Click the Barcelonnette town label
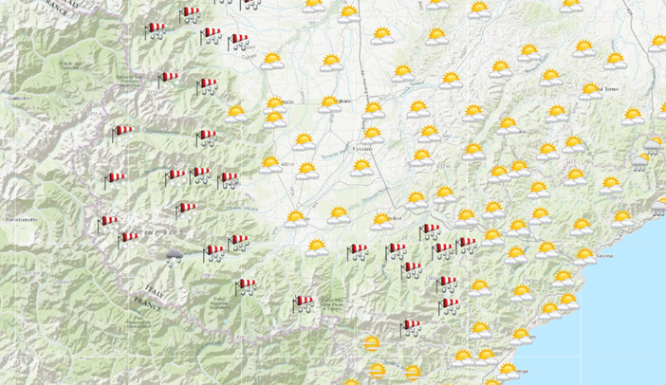pyautogui.click(x=20, y=219)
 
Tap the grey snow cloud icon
pyautogui.click(x=174, y=256)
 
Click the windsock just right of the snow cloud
pyautogui.click(x=214, y=251)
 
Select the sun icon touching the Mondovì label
pyautogui.click(x=381, y=220)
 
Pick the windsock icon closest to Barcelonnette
pyautogui.click(x=108, y=222)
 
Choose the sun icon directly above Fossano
pyautogui.click(x=374, y=133)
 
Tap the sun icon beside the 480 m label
pyautogui.click(x=305, y=170)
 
